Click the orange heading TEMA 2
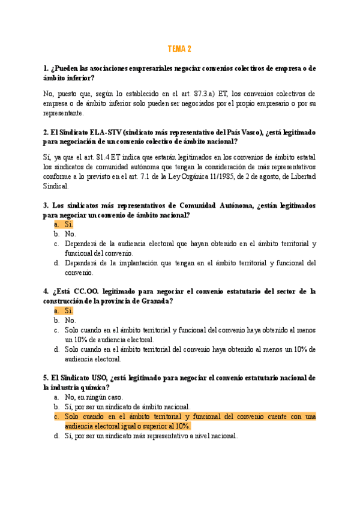point(179,49)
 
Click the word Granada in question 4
point(154,301)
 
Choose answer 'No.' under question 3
point(70,234)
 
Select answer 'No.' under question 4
point(70,321)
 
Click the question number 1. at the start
point(46,68)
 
